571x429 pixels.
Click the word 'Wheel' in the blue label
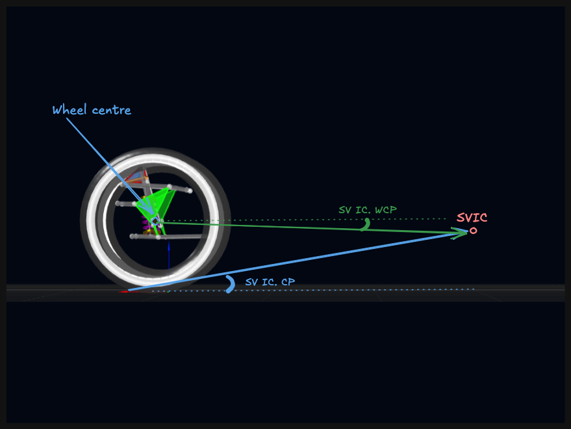click(70, 109)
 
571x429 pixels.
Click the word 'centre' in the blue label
click(112, 110)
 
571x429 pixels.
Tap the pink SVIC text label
click(472, 218)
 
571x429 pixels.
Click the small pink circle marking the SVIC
click(473, 230)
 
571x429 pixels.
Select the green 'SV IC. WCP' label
click(368, 210)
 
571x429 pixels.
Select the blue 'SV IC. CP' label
click(270, 281)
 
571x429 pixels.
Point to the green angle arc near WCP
click(366, 224)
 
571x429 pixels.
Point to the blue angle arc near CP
click(231, 284)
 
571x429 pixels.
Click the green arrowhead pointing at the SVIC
click(459, 233)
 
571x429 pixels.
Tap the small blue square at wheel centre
click(155, 221)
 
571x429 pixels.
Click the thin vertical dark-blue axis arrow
click(169, 256)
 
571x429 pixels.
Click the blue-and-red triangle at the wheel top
click(136, 176)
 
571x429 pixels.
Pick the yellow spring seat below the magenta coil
click(147, 231)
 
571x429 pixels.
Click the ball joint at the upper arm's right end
click(190, 190)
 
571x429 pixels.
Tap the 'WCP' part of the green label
click(386, 210)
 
